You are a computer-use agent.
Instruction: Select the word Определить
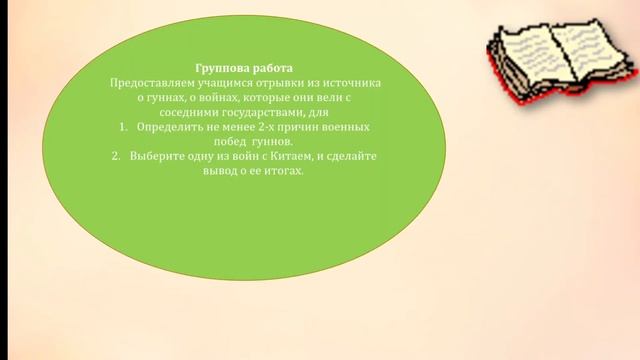pyautogui.click(x=169, y=129)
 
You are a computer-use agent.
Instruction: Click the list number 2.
pyautogui.click(x=115, y=157)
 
